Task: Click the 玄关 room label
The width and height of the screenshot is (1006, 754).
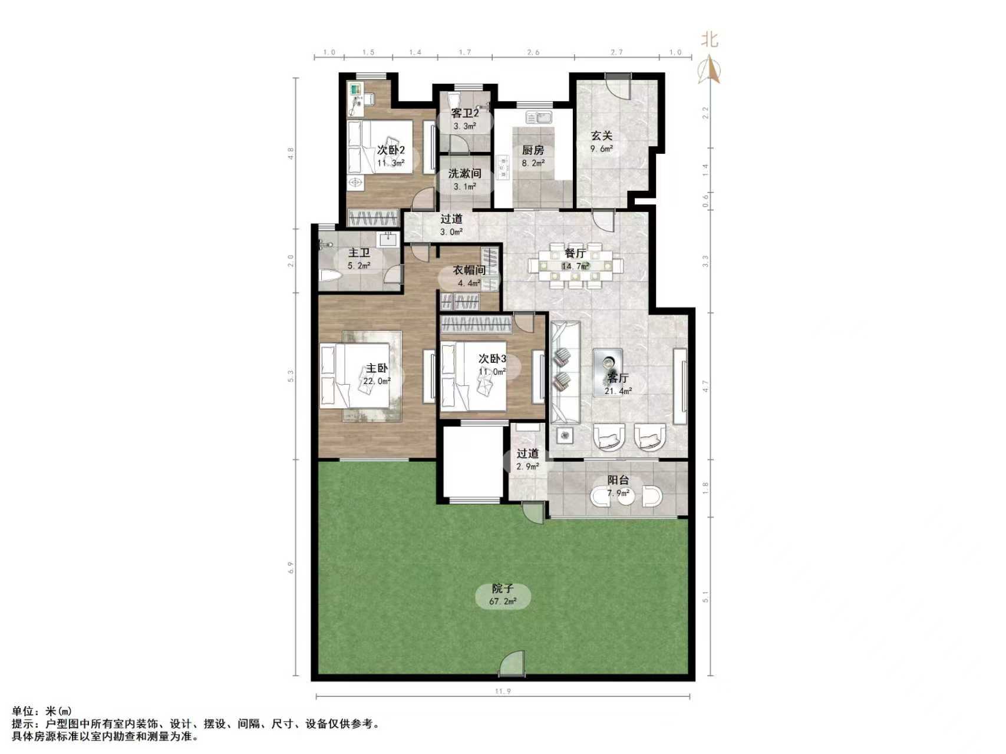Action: tap(602, 136)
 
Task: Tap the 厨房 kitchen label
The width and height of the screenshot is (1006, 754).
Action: tap(533, 150)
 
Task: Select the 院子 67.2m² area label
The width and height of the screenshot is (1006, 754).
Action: tap(503, 589)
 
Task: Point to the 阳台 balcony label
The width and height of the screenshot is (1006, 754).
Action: tap(618, 481)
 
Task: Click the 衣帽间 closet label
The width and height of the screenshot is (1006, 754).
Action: tap(469, 270)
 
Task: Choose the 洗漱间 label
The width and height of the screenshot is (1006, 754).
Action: tap(465, 174)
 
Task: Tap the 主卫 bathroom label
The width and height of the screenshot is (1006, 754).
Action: tap(359, 253)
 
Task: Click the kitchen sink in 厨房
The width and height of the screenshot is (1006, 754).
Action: tap(538, 117)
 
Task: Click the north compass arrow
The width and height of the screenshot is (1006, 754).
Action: tap(711, 70)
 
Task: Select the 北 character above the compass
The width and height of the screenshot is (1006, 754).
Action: tap(710, 40)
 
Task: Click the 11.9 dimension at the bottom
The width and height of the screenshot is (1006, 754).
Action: tap(502, 692)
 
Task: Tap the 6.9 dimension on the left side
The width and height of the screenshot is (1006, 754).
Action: tap(290, 567)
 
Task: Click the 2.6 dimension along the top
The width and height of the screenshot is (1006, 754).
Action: tap(533, 52)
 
